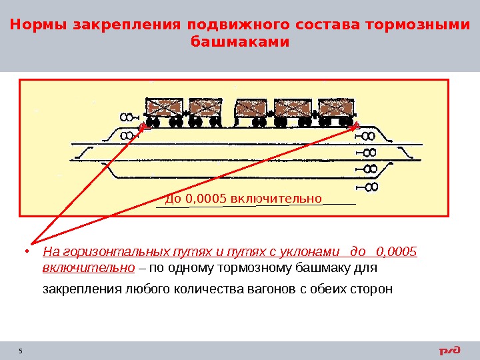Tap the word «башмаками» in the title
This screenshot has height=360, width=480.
coord(240,41)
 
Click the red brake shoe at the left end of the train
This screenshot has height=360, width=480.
coord(141,126)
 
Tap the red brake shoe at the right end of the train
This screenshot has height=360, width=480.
coord(355,126)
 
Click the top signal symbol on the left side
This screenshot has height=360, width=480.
coord(125,118)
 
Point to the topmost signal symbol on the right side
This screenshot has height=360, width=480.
coord(369,137)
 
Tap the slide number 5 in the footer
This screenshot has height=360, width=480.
coord(21,351)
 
